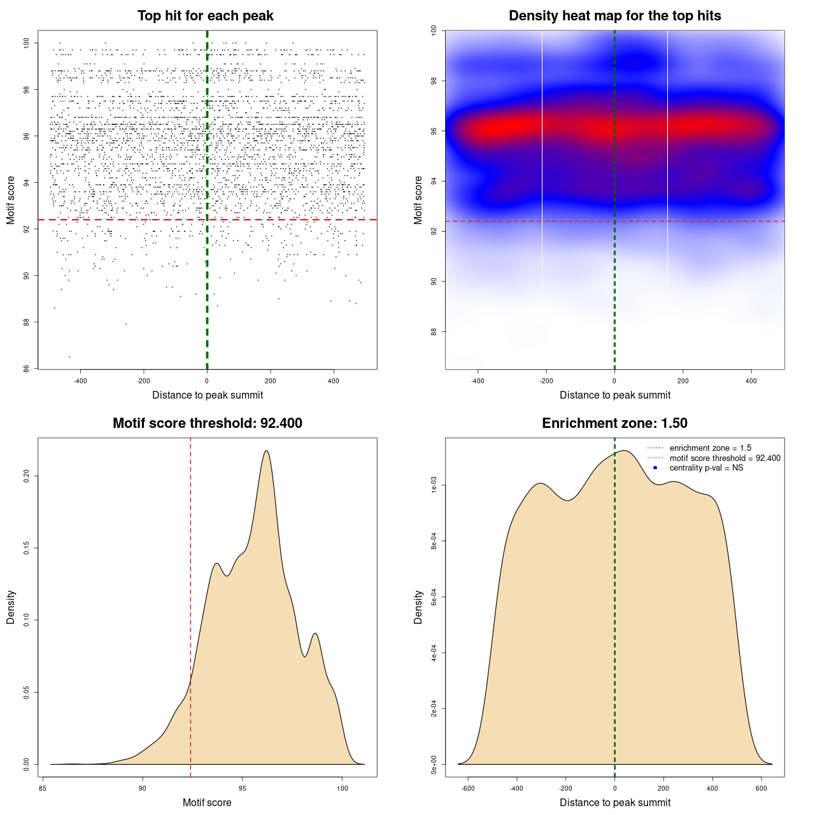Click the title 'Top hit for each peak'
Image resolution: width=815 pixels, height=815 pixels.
point(205,16)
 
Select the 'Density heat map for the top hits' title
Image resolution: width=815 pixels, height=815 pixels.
point(614,16)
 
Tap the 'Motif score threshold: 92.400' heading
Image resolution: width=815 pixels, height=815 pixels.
point(207,423)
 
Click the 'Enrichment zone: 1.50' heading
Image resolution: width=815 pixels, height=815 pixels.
point(614,423)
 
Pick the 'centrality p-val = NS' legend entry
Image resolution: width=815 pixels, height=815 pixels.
point(706,468)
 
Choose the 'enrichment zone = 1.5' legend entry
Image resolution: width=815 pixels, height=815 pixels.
point(710,448)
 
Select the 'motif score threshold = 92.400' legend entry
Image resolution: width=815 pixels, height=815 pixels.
point(725,458)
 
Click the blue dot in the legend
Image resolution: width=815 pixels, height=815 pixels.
point(655,468)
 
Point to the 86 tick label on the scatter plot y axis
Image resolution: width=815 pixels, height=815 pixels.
point(26,369)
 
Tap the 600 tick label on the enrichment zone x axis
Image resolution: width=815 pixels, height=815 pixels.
point(761,788)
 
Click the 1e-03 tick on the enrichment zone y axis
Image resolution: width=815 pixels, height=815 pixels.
point(434,486)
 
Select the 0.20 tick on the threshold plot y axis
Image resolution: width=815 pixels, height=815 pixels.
point(26,476)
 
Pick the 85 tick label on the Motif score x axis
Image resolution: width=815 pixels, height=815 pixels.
point(43,788)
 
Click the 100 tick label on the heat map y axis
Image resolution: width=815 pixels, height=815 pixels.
point(434,31)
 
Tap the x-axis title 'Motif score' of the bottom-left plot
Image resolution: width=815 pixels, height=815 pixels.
point(207,802)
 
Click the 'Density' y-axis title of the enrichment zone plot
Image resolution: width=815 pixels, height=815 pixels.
point(418,607)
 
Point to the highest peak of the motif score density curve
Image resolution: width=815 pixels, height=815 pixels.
point(266,451)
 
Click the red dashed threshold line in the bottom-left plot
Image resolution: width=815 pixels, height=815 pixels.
point(190,605)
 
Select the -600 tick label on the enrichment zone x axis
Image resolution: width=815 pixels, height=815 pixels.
point(468,788)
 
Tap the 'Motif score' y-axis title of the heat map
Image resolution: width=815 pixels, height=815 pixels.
point(418,200)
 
